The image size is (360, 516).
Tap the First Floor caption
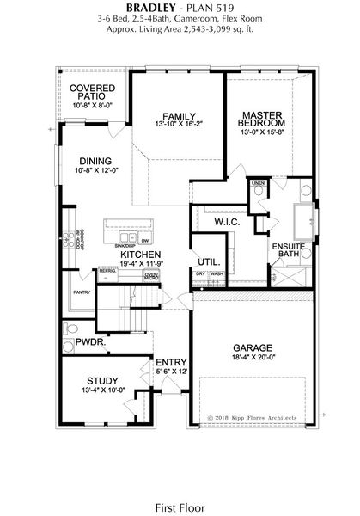click(179, 484)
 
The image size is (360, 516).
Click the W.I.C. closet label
click(227, 222)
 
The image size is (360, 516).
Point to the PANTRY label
click(82, 292)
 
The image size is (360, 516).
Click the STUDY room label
click(102, 379)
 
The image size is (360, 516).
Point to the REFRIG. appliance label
click(107, 270)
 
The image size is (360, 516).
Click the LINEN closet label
click(257, 183)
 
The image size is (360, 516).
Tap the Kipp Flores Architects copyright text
click(253, 418)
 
